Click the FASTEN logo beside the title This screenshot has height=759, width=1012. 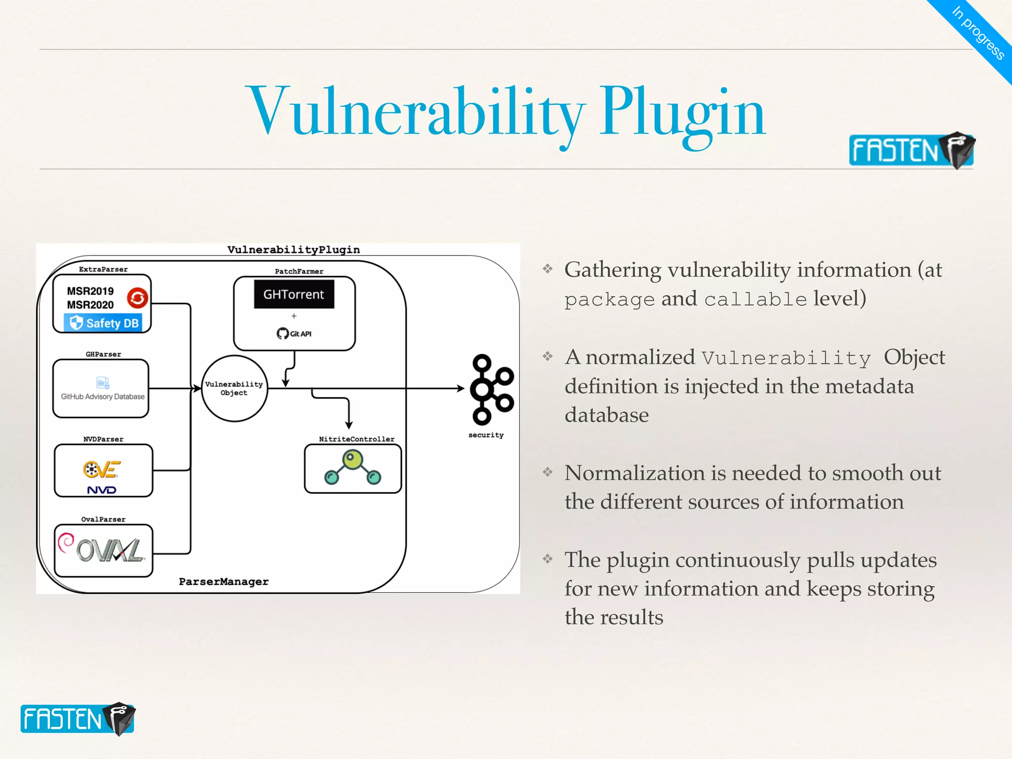(911, 150)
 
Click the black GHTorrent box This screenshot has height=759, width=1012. (294, 295)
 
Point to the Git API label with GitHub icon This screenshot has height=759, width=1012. (294, 334)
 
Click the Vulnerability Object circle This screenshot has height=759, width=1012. (234, 388)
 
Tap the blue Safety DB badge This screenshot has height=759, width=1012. (103, 323)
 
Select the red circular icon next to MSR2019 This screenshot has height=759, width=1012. (137, 297)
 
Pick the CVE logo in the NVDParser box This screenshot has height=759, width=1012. (102, 469)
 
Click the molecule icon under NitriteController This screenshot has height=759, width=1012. (353, 467)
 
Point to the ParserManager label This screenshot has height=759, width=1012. (223, 582)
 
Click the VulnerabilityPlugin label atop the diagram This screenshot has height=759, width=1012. (294, 250)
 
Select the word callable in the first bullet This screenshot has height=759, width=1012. (755, 299)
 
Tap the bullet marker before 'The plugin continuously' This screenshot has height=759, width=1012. (548, 559)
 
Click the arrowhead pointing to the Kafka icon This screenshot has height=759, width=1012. (460, 388)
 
